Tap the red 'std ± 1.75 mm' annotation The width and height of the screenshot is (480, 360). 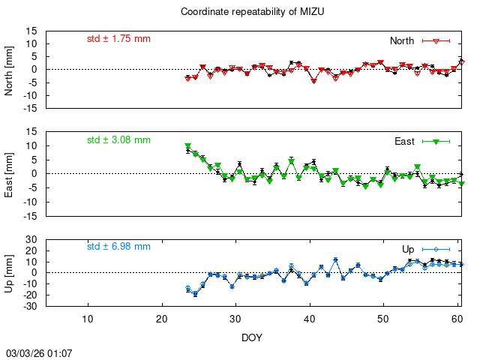pyautogui.click(x=118, y=38)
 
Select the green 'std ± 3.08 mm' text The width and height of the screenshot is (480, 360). pyautogui.click(x=118, y=139)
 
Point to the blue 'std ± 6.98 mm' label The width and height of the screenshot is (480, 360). pyautogui.click(x=118, y=246)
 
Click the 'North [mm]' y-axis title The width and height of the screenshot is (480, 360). pyautogui.click(x=10, y=69)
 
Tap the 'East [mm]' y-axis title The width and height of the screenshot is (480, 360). pyautogui.click(x=10, y=173)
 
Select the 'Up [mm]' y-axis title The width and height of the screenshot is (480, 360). pyautogui.click(x=10, y=272)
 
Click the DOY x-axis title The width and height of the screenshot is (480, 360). pyautogui.click(x=251, y=337)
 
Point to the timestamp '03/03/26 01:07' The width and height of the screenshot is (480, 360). pyautogui.click(x=39, y=352)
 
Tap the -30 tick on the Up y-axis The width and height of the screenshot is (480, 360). pyautogui.click(x=30, y=306)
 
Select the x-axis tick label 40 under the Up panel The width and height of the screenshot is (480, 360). pyautogui.click(x=309, y=318)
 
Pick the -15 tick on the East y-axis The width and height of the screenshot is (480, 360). pyautogui.click(x=30, y=216)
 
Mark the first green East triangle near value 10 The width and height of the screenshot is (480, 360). pyautogui.click(x=187, y=146)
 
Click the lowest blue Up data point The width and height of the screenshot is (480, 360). pyautogui.click(x=195, y=294)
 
